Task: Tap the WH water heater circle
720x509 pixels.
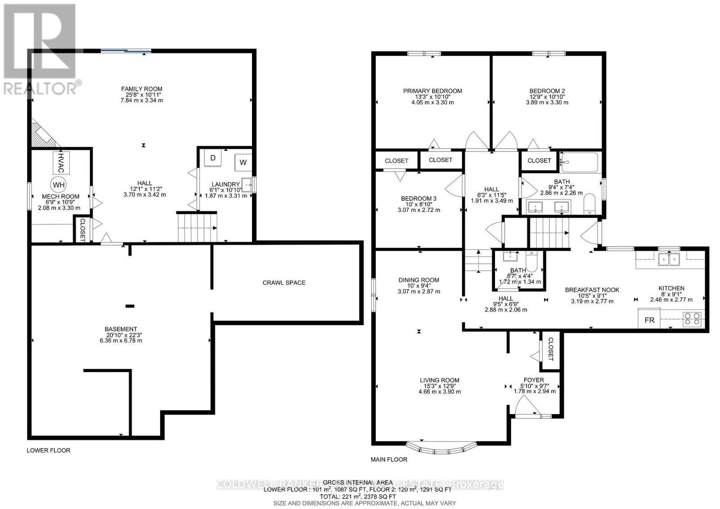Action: click(x=58, y=185)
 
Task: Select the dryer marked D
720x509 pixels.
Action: click(x=213, y=158)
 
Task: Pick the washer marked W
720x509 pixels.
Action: click(x=243, y=162)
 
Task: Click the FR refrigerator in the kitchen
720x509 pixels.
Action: click(x=649, y=320)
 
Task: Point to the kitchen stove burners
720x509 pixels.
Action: click(x=692, y=319)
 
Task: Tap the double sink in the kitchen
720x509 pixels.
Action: click(x=669, y=260)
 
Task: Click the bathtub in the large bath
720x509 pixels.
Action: click(x=579, y=162)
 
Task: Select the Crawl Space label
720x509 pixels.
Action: click(x=284, y=283)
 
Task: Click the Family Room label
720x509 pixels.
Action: click(x=142, y=89)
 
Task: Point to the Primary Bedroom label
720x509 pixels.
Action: click(x=432, y=91)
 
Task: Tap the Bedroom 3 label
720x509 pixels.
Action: click(x=419, y=198)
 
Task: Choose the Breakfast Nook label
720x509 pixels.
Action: click(x=592, y=290)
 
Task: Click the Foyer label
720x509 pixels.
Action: click(x=534, y=380)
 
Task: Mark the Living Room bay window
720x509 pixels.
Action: click(x=441, y=448)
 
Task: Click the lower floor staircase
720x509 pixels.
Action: click(x=198, y=228)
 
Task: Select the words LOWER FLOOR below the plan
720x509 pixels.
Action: click(x=49, y=450)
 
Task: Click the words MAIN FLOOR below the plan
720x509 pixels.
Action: click(x=389, y=459)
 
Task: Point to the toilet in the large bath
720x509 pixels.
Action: click(x=589, y=207)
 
